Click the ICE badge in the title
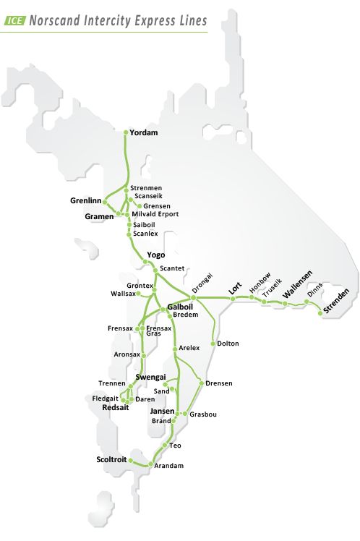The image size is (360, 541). pyautogui.click(x=15, y=21)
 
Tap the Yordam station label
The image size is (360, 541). pyautogui.click(x=145, y=133)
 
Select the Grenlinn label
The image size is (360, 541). pyautogui.click(x=85, y=200)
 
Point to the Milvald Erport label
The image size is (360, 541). pyautogui.click(x=155, y=214)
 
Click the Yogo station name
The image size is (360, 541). pyautogui.click(x=156, y=255)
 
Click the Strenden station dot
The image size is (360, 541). pyautogui.click(x=320, y=312)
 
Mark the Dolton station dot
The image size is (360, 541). pyautogui.click(x=213, y=344)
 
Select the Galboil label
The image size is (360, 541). pyautogui.click(x=180, y=306)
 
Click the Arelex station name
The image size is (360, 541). pyautogui.click(x=189, y=349)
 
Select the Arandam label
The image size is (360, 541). pyautogui.click(x=169, y=467)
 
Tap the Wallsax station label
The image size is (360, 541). pyautogui.click(x=122, y=294)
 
